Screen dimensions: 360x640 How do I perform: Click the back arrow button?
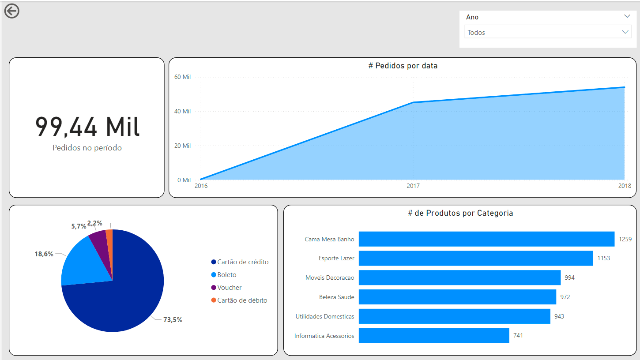(x=12, y=11)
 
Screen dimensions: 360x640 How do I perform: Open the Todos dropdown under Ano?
(x=548, y=32)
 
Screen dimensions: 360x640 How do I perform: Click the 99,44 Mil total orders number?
(x=87, y=127)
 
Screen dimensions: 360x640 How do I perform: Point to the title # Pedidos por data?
(x=403, y=66)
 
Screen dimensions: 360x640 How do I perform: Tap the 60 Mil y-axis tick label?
(x=183, y=77)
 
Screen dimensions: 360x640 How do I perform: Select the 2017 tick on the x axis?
(x=413, y=186)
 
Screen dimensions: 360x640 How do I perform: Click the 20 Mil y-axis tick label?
(x=183, y=146)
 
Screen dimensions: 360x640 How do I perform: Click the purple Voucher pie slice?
(x=99, y=239)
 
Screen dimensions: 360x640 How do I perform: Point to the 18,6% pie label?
(x=44, y=254)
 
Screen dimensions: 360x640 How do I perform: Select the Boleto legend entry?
(x=226, y=275)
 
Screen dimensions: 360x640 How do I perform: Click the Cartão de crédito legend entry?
(x=242, y=262)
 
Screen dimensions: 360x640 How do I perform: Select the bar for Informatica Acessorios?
(x=434, y=336)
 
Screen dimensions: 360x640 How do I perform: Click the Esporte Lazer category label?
(x=336, y=259)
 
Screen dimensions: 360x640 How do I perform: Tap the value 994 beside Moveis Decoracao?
(x=570, y=278)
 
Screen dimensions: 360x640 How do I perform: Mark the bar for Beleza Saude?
(x=457, y=297)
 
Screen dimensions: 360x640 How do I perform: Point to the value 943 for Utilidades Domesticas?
(x=559, y=316)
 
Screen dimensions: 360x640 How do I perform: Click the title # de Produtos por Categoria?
(x=460, y=213)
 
